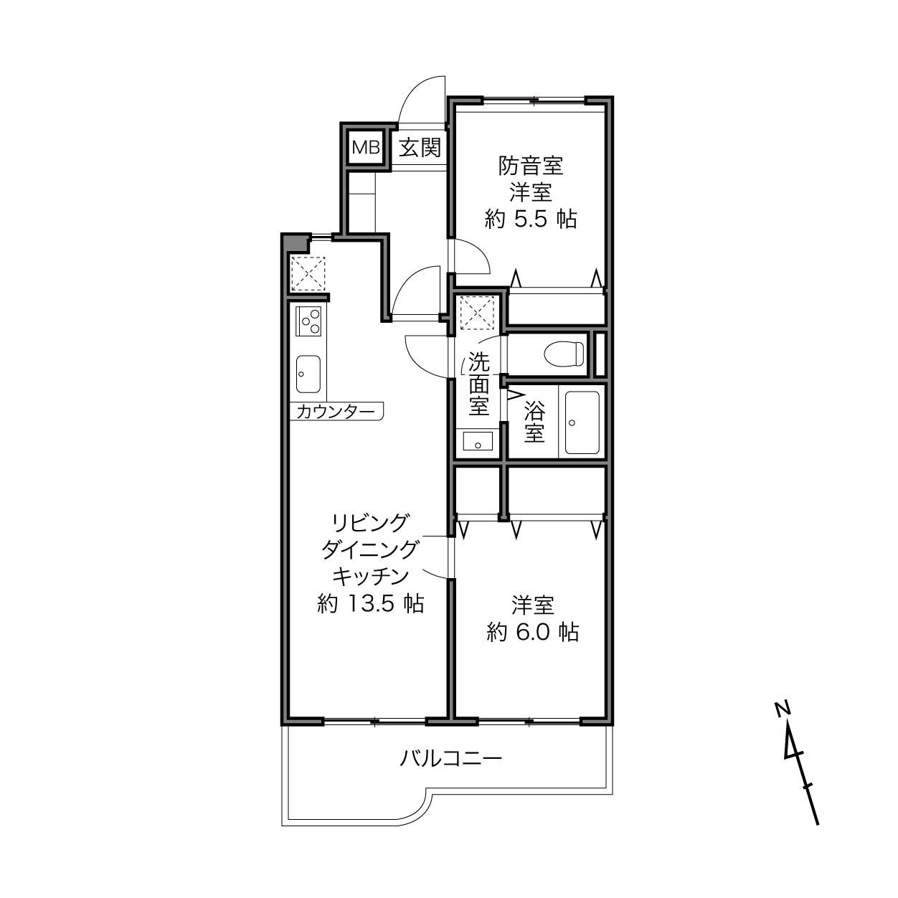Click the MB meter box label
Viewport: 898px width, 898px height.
[366, 148]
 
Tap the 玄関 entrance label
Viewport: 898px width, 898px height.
[420, 148]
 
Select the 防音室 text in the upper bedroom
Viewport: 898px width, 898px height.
[531, 166]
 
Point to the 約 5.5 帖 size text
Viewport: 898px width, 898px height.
[531, 219]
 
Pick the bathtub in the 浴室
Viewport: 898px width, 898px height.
[582, 422]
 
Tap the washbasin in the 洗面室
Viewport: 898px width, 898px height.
[478, 441]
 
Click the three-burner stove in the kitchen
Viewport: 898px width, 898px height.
[308, 321]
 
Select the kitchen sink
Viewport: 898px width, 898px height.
[308, 374]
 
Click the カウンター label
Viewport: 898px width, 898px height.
[336, 412]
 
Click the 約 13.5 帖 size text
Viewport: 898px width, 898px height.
[371, 603]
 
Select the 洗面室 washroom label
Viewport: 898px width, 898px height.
[478, 383]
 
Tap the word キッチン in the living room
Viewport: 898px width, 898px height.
[371, 577]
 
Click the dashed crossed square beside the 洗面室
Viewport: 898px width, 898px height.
[477, 313]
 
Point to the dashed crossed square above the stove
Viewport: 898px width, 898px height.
[308, 273]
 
